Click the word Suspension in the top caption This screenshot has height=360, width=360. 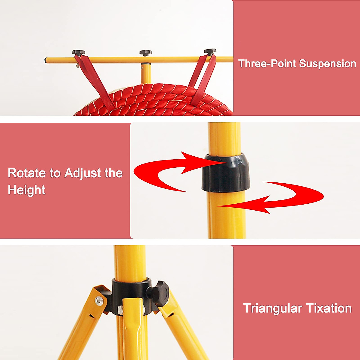pos(328,64)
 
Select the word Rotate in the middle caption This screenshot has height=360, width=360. pos(27,173)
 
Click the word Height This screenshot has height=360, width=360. pos(26,190)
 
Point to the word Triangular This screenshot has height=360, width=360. pos(272,308)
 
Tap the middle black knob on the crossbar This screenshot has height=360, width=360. pos(145,53)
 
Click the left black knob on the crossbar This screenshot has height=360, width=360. pos(79,52)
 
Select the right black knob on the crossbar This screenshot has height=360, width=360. pos(210,51)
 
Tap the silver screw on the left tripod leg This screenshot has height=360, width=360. pos(99,299)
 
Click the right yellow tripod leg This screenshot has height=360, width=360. pos(183,330)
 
